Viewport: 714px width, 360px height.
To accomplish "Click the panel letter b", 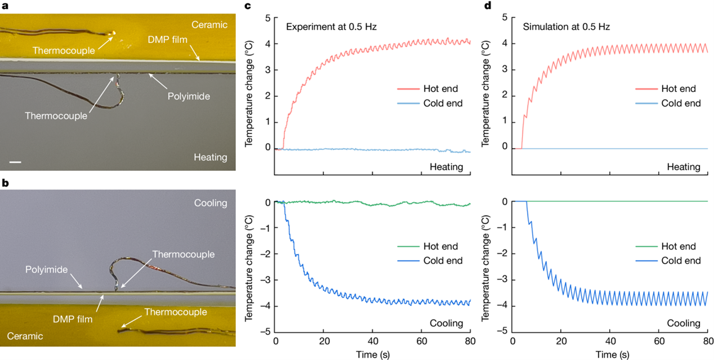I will point(3,183).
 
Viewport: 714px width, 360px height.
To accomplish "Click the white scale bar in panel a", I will point(15,163).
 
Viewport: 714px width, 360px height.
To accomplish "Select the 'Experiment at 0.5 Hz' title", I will point(331,26).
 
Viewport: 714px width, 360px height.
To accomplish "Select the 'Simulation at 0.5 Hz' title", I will point(566,26).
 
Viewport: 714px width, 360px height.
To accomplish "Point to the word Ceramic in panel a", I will point(209,24).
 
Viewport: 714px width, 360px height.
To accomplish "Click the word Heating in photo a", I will point(210,157).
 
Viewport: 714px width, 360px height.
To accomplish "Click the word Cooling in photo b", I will point(210,203).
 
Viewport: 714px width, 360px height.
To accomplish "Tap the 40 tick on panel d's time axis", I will point(610,341).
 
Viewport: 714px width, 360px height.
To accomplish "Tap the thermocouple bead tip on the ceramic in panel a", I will point(114,33).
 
